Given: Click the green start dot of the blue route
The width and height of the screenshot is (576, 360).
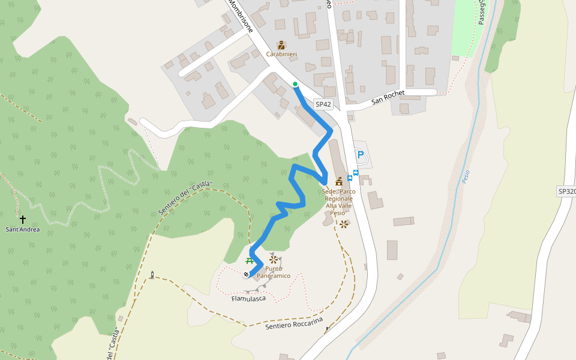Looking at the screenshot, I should [x=295, y=85].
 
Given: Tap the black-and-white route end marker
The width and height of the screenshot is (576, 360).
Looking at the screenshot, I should [x=247, y=275].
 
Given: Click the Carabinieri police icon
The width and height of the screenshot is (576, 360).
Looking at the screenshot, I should [x=281, y=45].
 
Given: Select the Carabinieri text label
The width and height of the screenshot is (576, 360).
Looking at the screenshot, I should [x=282, y=55].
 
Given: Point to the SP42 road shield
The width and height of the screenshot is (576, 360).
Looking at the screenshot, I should [x=323, y=104].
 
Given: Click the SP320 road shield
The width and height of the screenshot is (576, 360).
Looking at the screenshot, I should [x=566, y=191].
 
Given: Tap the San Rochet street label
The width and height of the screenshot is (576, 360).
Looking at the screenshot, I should [x=388, y=97].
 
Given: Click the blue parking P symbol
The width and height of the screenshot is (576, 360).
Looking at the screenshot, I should [x=361, y=155].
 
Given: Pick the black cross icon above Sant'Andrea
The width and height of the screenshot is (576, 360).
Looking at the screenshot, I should [x=23, y=220].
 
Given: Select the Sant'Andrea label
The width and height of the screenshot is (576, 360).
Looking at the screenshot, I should [x=23, y=229].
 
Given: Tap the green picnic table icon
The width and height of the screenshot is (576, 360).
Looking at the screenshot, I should [x=250, y=260].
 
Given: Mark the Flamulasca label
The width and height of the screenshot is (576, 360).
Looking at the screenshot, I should [x=248, y=298].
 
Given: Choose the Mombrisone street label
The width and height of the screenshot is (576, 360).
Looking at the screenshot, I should [x=241, y=15].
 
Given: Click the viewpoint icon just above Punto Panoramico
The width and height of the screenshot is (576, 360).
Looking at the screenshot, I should [x=274, y=260].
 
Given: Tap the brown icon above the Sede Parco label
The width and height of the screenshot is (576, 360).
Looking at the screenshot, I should [x=339, y=181].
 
